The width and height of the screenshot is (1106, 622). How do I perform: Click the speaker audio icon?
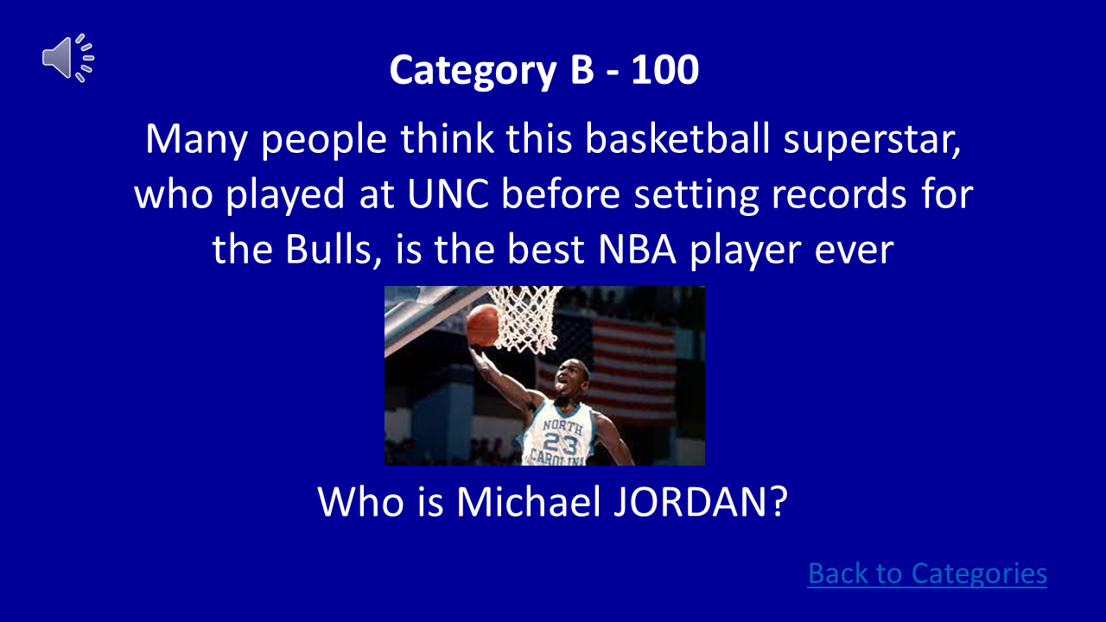pos(67,58)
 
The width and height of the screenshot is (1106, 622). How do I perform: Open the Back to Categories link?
pos(927,574)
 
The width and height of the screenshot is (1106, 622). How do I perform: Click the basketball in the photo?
pos(482,326)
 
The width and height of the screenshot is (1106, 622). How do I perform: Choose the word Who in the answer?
pos(354,501)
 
